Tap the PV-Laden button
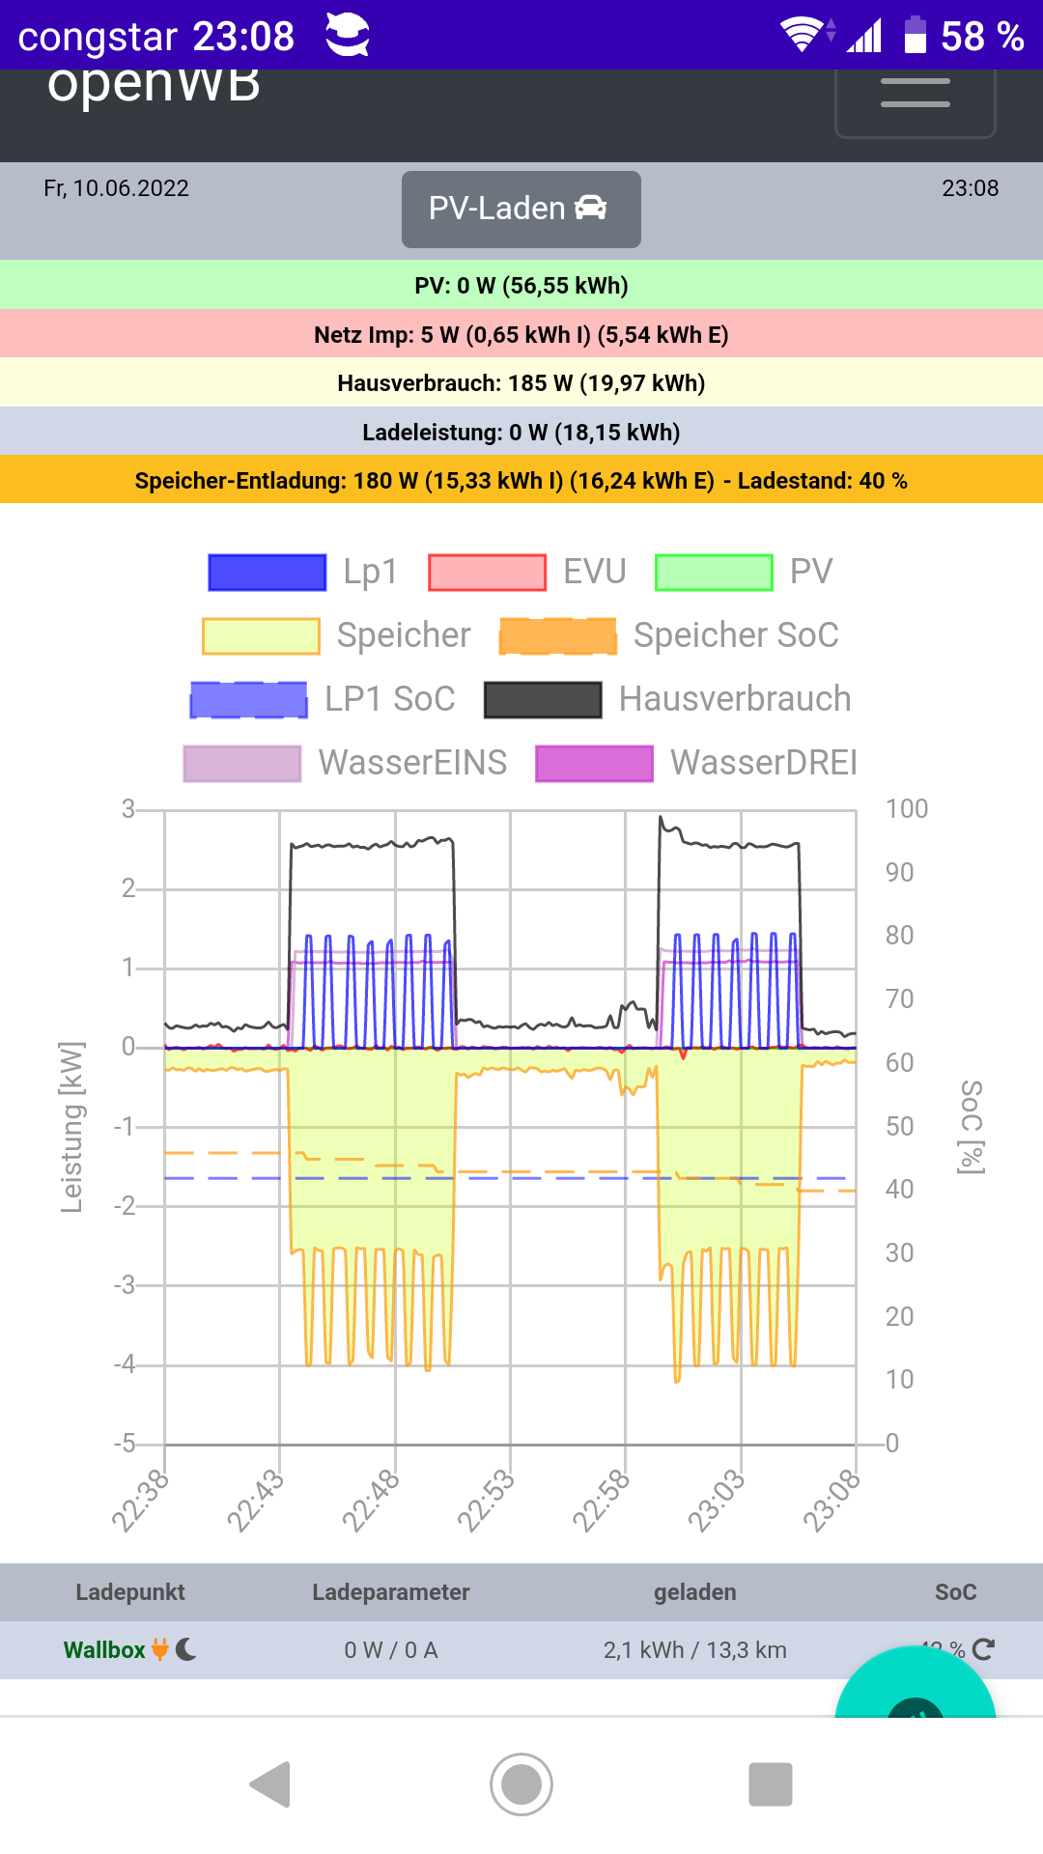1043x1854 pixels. (x=521, y=209)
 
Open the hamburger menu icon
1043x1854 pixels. (x=915, y=94)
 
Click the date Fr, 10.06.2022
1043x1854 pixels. (x=116, y=188)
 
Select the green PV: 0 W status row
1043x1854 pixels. (x=521, y=286)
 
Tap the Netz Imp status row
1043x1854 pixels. (x=521, y=335)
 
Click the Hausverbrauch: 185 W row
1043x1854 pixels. (x=521, y=383)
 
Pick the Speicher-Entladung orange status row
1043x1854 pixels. (x=521, y=481)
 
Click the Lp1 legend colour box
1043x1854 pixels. (x=268, y=572)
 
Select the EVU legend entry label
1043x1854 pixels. (x=594, y=572)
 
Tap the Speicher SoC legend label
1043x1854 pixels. (x=736, y=635)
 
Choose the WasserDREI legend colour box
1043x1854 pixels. (x=594, y=763)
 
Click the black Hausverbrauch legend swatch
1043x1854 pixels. (x=543, y=699)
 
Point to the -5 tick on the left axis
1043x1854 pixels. (x=125, y=1444)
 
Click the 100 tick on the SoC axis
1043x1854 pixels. (x=906, y=809)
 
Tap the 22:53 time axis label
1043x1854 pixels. (x=486, y=1501)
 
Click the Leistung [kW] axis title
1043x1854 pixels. (x=71, y=1127)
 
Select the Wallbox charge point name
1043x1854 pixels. (x=104, y=1650)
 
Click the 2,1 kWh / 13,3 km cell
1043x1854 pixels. (x=694, y=1650)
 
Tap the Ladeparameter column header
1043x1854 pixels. (x=390, y=1592)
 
